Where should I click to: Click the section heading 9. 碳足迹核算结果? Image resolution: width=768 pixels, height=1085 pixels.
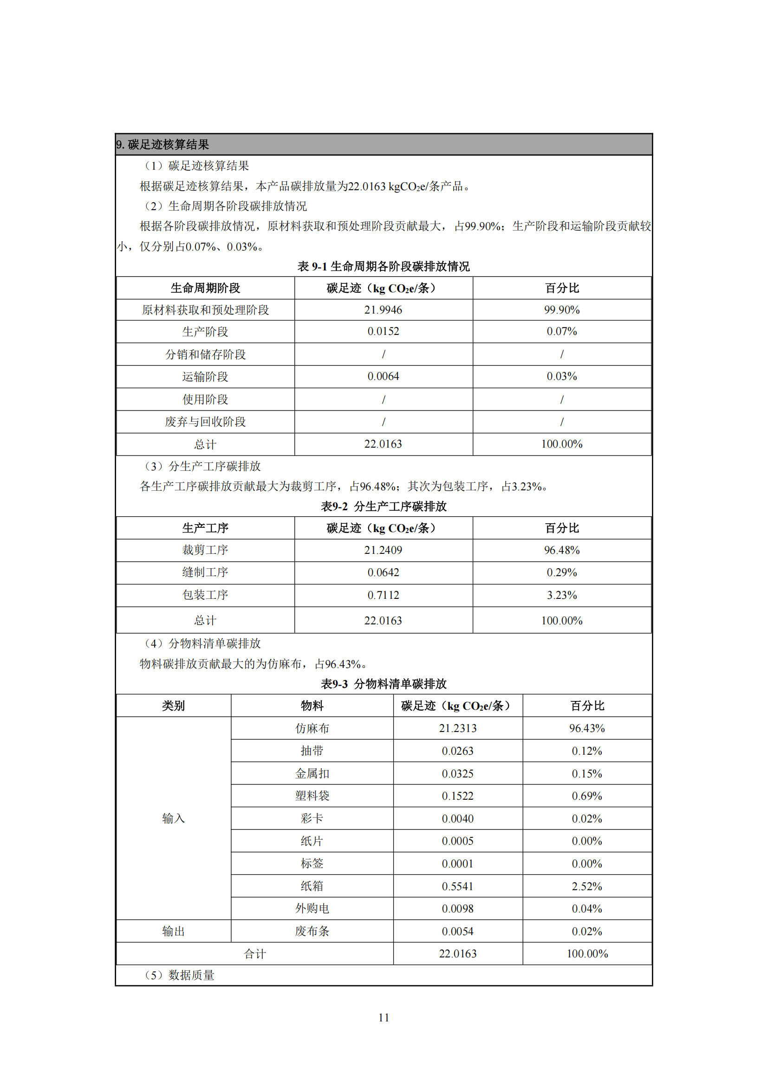[x=163, y=145]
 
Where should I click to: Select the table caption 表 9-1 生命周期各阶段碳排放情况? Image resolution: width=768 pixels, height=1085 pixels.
[x=384, y=267]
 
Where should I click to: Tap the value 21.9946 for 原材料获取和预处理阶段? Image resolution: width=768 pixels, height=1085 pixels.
[x=383, y=310]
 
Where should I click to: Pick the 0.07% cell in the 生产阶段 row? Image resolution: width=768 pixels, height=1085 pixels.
[x=562, y=332]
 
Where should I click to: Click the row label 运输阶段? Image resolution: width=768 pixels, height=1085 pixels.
[x=205, y=377]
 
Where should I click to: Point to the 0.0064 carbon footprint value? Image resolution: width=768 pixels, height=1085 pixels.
[x=383, y=377]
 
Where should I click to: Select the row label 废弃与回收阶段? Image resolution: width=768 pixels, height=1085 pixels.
[x=205, y=422]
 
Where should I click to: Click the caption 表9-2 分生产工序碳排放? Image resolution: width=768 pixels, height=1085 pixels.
[x=384, y=507]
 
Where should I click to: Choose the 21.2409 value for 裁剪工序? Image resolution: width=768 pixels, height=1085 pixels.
[x=383, y=551]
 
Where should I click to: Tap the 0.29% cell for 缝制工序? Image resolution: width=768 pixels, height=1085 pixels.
[x=562, y=573]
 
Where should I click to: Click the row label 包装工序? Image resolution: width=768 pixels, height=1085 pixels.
[x=205, y=596]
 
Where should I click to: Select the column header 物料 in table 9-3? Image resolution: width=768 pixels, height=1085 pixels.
[x=312, y=706]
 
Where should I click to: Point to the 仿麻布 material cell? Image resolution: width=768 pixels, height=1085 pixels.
[x=312, y=729]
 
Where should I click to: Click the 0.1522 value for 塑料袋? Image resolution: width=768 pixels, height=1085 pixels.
[x=458, y=796]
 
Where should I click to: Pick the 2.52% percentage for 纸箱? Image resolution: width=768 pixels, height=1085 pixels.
[x=587, y=886]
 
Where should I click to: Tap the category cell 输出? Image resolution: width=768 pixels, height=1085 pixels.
[x=173, y=931]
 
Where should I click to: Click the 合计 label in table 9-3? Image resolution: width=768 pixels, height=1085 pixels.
[x=254, y=954]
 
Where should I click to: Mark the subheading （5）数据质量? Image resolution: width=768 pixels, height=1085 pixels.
[x=180, y=976]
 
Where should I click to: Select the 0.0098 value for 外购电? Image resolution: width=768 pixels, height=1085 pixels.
[x=458, y=909]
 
